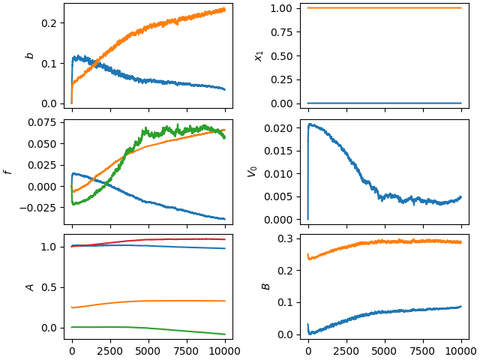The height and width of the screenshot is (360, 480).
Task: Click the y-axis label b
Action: (30, 55)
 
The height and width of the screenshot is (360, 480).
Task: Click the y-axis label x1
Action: (259, 56)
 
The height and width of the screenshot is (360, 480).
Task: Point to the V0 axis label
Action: (252, 172)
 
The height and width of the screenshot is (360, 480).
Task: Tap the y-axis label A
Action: (30, 287)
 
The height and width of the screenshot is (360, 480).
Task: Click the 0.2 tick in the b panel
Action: (49, 23)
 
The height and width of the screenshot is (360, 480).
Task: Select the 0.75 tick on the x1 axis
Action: (282, 32)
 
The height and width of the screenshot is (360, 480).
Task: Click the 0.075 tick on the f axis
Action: (42, 122)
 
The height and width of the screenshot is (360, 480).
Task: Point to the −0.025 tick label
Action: (38, 208)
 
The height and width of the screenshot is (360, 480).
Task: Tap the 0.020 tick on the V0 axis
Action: (278, 128)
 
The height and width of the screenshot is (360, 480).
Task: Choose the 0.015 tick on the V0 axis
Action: (278, 151)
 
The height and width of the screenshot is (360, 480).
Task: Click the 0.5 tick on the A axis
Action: (49, 288)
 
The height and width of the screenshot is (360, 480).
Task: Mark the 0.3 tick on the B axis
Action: (285, 238)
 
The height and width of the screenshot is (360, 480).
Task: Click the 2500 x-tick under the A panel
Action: (110, 351)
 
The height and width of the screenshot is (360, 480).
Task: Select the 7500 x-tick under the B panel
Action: (423, 351)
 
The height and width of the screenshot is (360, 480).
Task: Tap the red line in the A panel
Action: (148, 240)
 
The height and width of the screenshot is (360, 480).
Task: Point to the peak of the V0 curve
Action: (310, 124)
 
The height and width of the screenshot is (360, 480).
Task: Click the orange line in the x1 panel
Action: (385, 8)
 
